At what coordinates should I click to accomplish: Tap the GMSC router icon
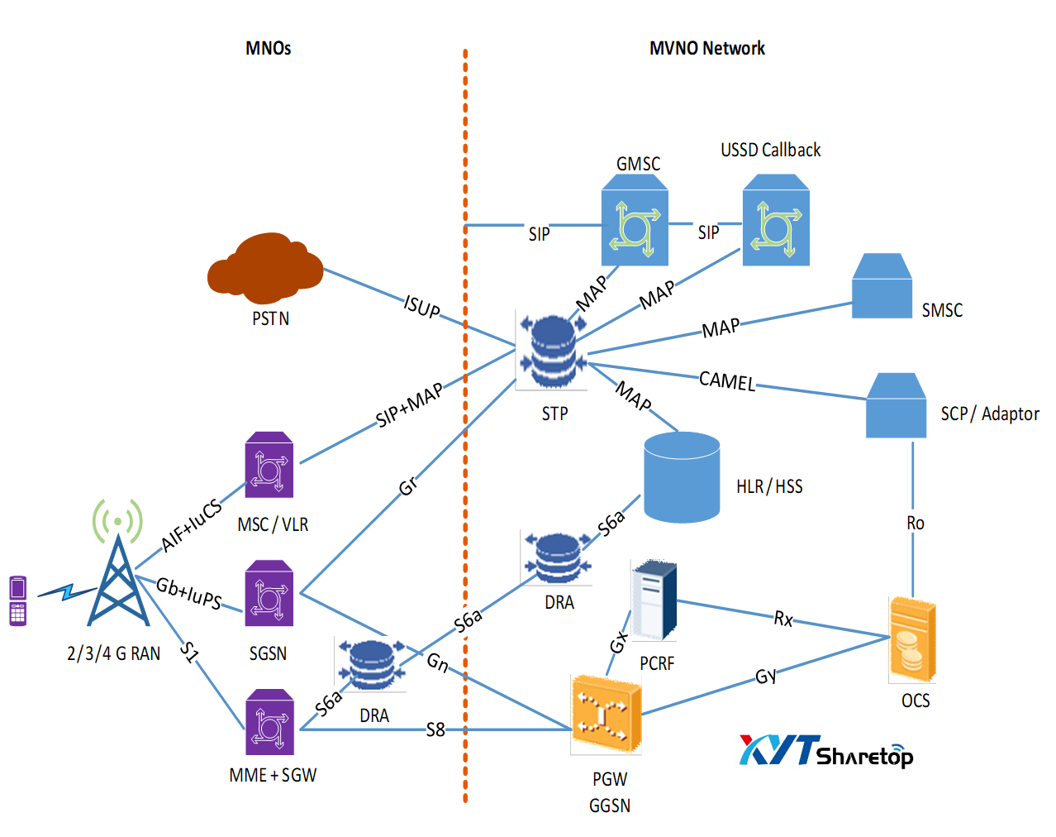click(x=635, y=226)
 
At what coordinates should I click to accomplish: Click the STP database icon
click(x=552, y=351)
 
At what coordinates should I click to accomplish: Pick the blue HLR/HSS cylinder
click(x=682, y=477)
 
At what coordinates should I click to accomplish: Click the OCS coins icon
click(x=912, y=639)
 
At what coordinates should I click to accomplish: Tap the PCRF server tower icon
click(x=654, y=600)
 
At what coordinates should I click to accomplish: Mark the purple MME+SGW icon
click(x=269, y=723)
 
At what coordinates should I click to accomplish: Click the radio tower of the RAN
click(x=118, y=579)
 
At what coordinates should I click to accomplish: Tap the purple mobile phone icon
click(x=18, y=600)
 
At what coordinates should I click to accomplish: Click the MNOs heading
click(x=269, y=48)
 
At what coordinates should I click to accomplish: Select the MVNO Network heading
click(x=707, y=48)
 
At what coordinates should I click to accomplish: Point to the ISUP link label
click(x=422, y=307)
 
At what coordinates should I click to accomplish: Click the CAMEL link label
click(x=727, y=380)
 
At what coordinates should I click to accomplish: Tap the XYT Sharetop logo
click(x=825, y=751)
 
